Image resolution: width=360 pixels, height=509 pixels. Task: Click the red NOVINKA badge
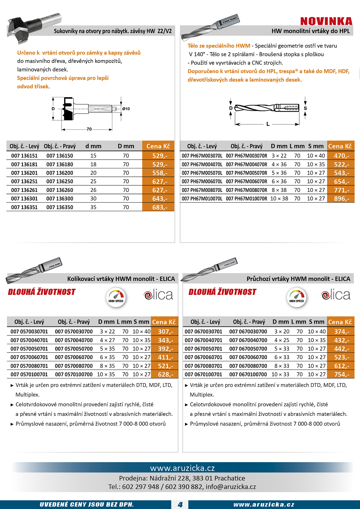326,21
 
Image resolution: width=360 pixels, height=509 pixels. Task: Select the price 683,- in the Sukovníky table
160,207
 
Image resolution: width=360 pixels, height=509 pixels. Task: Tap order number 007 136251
24,181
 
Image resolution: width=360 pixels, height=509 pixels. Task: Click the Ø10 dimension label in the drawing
126,109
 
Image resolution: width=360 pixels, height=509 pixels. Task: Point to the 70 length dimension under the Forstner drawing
89,129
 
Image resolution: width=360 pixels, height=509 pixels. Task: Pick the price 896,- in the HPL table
341,199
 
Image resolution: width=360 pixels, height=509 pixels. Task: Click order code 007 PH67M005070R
246,173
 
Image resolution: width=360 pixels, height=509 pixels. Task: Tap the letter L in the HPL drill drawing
268,124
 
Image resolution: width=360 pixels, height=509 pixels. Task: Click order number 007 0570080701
29,366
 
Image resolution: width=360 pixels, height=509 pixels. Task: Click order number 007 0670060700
248,357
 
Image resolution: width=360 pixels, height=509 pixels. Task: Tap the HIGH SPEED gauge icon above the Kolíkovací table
116,297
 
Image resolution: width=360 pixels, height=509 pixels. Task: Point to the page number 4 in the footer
180,505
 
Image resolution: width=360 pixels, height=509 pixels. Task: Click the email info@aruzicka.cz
231,487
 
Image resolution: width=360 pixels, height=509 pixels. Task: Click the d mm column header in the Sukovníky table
93,146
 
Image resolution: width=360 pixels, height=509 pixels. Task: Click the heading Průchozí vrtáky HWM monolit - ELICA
298,279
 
